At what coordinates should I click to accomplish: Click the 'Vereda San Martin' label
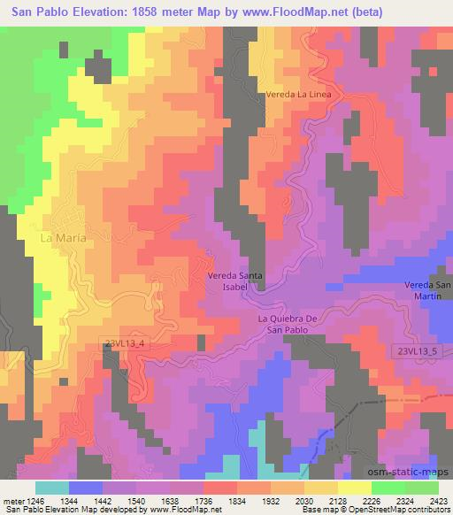tap(427, 289)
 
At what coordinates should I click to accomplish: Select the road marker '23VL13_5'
tap(416, 351)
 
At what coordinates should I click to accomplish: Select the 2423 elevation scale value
tap(438, 501)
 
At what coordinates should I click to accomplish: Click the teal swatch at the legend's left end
tap(52, 488)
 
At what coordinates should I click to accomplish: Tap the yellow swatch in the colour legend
tap(354, 488)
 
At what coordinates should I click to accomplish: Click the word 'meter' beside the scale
tap(12, 501)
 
